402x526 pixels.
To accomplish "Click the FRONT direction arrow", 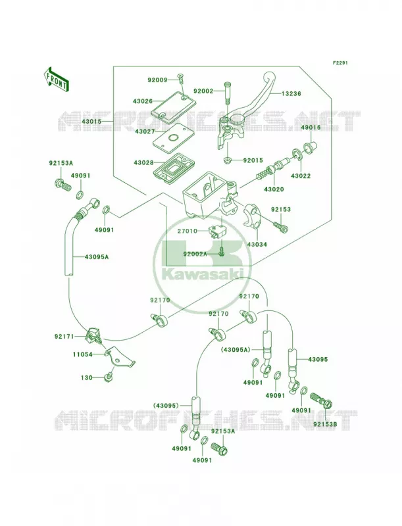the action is point(56,80).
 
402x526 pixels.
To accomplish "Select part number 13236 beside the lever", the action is point(291,94).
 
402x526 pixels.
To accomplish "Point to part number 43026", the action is point(142,101).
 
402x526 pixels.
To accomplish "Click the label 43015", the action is point(91,121).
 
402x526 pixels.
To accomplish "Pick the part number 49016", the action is point(311,128).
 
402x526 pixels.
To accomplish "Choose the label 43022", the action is point(301,176).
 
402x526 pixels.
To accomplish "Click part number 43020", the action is point(274,189).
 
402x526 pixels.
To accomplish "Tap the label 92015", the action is point(253,160).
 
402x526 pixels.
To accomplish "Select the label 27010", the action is point(188,231).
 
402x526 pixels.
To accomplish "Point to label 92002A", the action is point(195,254).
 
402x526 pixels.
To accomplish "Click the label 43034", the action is point(257,245).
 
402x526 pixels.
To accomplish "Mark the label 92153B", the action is point(325,423).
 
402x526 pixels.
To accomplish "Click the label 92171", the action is point(64,336).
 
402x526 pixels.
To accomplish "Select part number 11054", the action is point(83,354).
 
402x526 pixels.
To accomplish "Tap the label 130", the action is point(87,377).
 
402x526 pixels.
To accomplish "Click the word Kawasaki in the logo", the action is point(203,274).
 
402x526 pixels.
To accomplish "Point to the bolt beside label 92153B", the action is point(321,400).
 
